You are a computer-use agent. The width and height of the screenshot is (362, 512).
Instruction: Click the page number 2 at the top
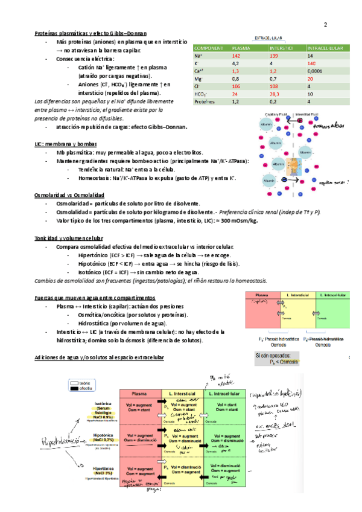[x=325, y=25]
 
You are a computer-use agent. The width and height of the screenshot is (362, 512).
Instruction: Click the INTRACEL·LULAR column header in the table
[x=325, y=48]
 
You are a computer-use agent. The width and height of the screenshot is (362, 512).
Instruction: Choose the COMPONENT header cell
[x=209, y=48]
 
